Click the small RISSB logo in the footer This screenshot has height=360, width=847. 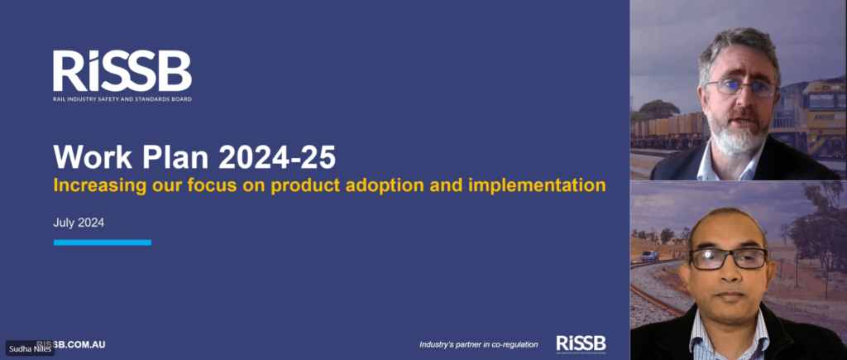[581, 343]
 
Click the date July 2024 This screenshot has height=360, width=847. [79, 223]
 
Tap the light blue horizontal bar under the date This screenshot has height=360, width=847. [102, 242]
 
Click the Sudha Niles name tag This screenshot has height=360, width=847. [30, 349]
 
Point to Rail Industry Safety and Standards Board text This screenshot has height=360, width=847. [122, 98]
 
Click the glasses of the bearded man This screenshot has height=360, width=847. [741, 87]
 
